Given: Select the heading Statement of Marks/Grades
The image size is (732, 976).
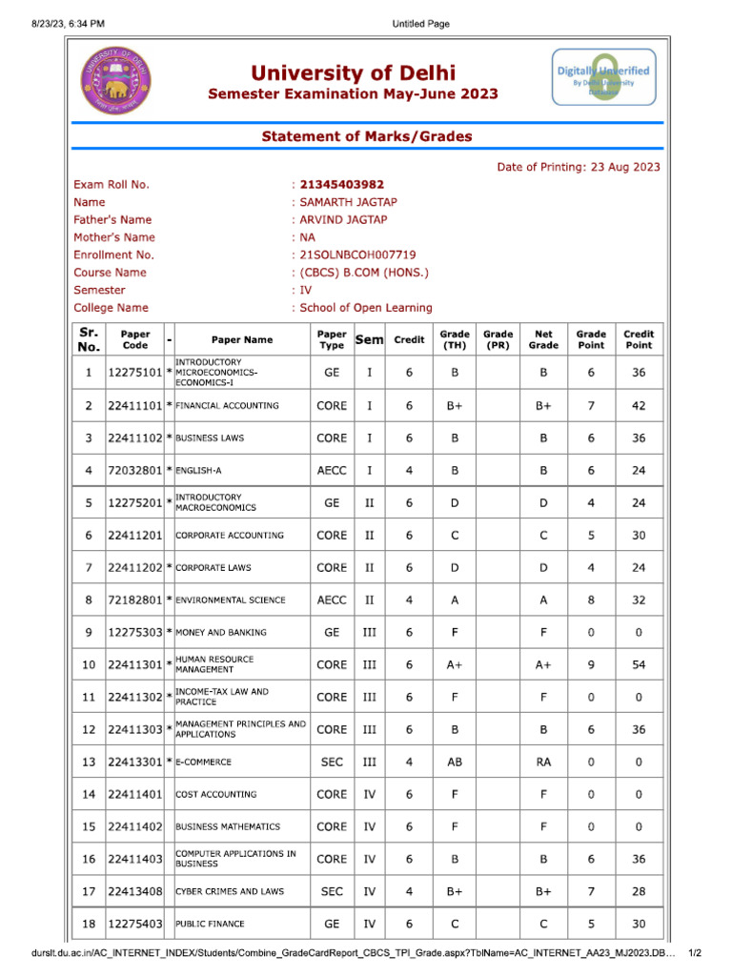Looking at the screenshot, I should (367, 136).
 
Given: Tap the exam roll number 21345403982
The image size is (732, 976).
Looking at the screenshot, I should (342, 185).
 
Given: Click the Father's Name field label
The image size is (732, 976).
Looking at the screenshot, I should (112, 220).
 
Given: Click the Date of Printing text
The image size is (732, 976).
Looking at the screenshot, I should (579, 167).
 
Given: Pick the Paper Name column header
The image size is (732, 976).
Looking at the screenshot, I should (241, 339).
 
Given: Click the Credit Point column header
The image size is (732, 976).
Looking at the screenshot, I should (638, 339).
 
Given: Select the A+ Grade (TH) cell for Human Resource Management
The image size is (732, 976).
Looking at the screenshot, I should (455, 664).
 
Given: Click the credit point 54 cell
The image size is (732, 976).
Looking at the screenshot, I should (638, 664).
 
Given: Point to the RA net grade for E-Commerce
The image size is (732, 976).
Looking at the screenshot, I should (543, 762).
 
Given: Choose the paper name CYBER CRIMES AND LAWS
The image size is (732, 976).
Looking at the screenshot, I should (229, 891).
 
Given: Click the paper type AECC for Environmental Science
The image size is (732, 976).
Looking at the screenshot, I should (332, 600).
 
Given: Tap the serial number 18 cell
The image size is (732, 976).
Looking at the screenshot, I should (89, 924).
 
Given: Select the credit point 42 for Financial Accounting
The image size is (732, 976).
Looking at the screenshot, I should (638, 405).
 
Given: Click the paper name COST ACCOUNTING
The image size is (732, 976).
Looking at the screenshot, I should (215, 794).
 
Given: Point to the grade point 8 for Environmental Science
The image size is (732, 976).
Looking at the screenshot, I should (591, 600).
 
